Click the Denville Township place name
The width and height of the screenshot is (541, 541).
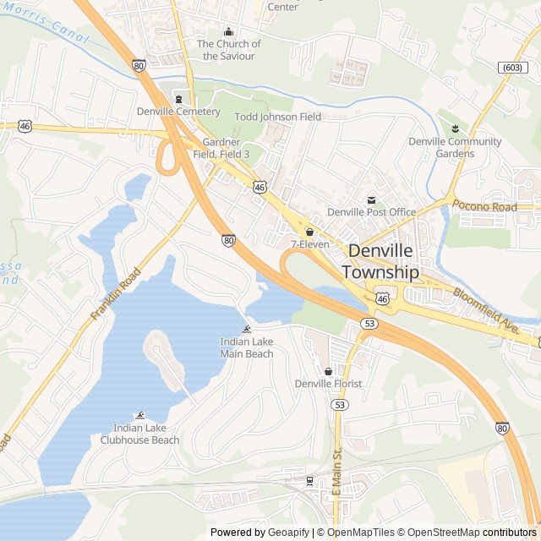click(380, 262)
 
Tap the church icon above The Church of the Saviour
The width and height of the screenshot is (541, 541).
click(227, 31)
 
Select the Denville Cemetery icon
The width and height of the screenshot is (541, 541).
click(178, 98)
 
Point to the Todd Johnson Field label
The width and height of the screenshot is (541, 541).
click(277, 117)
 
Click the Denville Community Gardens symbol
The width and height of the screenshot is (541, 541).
click(455, 128)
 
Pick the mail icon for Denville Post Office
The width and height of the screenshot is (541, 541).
click(371, 199)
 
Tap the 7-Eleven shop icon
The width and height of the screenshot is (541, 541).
click(309, 232)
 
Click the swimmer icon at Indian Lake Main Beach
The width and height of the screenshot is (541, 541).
click(247, 329)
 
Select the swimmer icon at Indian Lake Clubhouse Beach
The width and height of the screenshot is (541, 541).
click(140, 415)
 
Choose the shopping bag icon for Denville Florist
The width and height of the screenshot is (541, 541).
click(328, 371)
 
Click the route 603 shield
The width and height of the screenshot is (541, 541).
click(511, 67)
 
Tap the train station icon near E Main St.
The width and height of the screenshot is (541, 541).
click(309, 481)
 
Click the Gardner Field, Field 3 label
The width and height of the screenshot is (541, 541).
click(221, 148)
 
